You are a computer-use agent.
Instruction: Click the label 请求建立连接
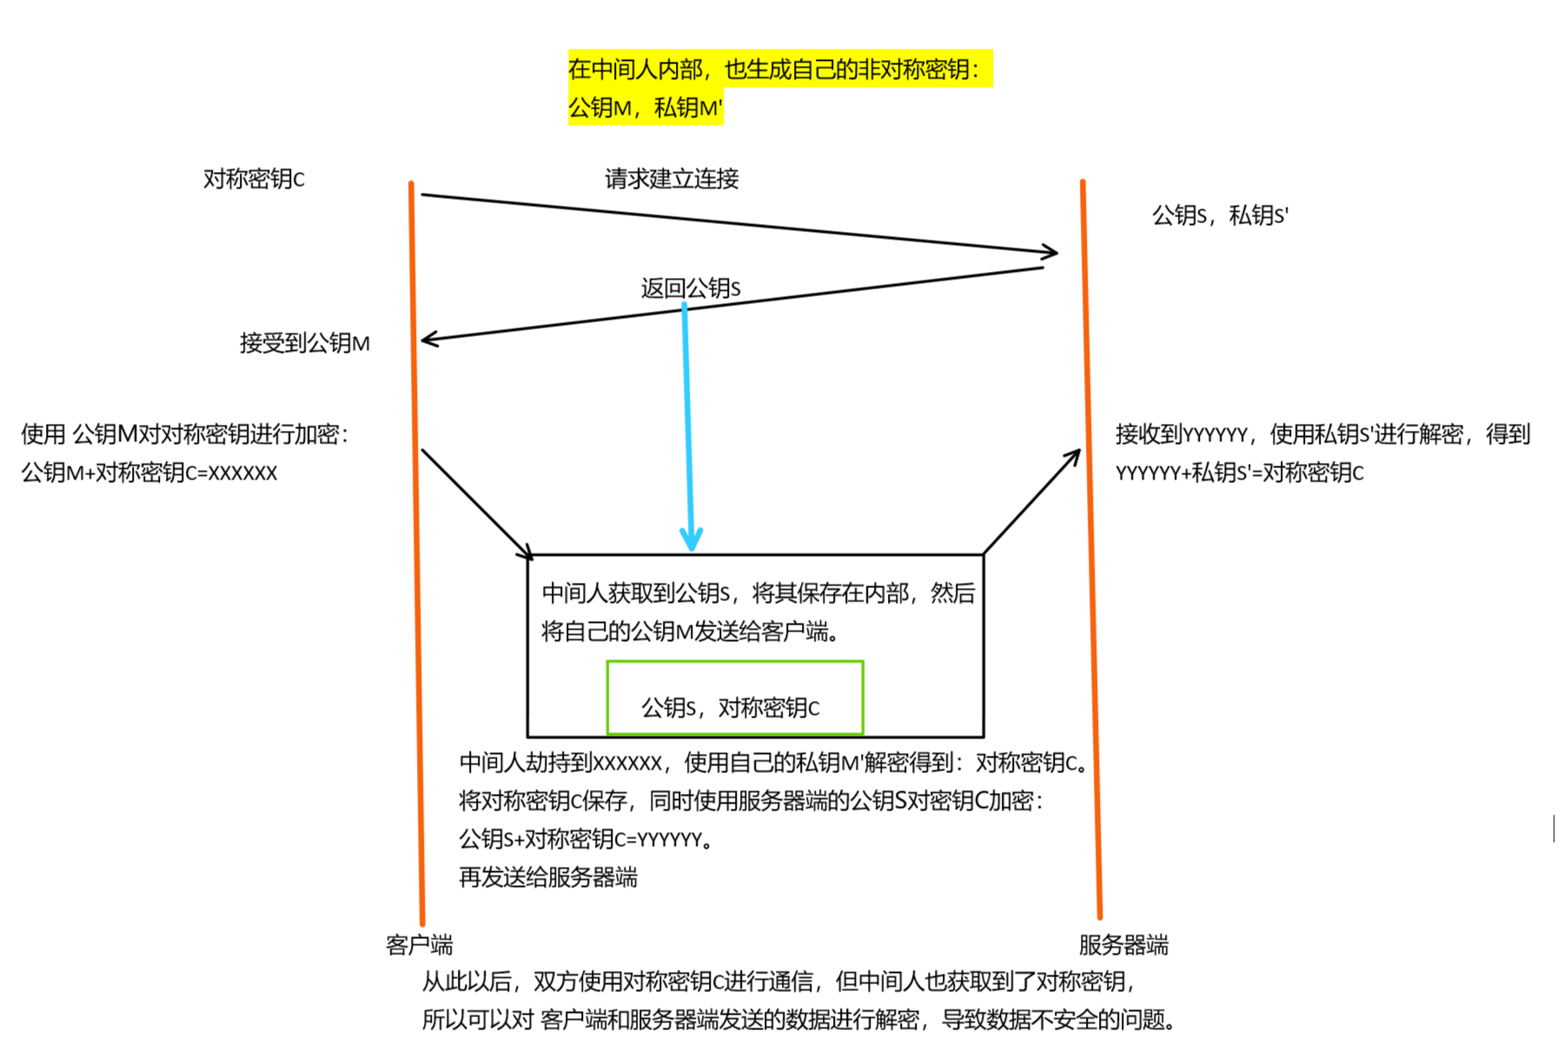pos(671,179)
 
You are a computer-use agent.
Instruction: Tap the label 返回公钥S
pos(690,288)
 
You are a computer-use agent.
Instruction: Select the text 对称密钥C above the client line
pos(254,179)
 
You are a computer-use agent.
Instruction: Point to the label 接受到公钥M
pos(304,343)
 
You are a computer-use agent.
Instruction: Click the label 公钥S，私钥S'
pos(1219,215)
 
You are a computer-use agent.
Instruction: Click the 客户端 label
pos(419,944)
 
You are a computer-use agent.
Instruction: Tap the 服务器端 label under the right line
pos(1123,944)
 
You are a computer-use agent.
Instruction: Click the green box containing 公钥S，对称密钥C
pos(734,698)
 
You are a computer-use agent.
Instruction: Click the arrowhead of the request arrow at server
pos(1051,252)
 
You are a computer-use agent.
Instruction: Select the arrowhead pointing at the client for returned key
pos(427,340)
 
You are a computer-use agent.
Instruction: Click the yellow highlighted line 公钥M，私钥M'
pos(645,108)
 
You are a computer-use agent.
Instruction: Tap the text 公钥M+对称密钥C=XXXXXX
pos(149,473)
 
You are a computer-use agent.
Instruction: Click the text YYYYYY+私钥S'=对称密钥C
pos(1239,473)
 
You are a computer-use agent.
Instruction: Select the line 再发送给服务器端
pos(547,877)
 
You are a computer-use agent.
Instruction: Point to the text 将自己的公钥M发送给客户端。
pos(691,631)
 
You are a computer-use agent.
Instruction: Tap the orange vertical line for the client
pos(416,608)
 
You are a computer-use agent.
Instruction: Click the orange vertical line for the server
pos(1092,608)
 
